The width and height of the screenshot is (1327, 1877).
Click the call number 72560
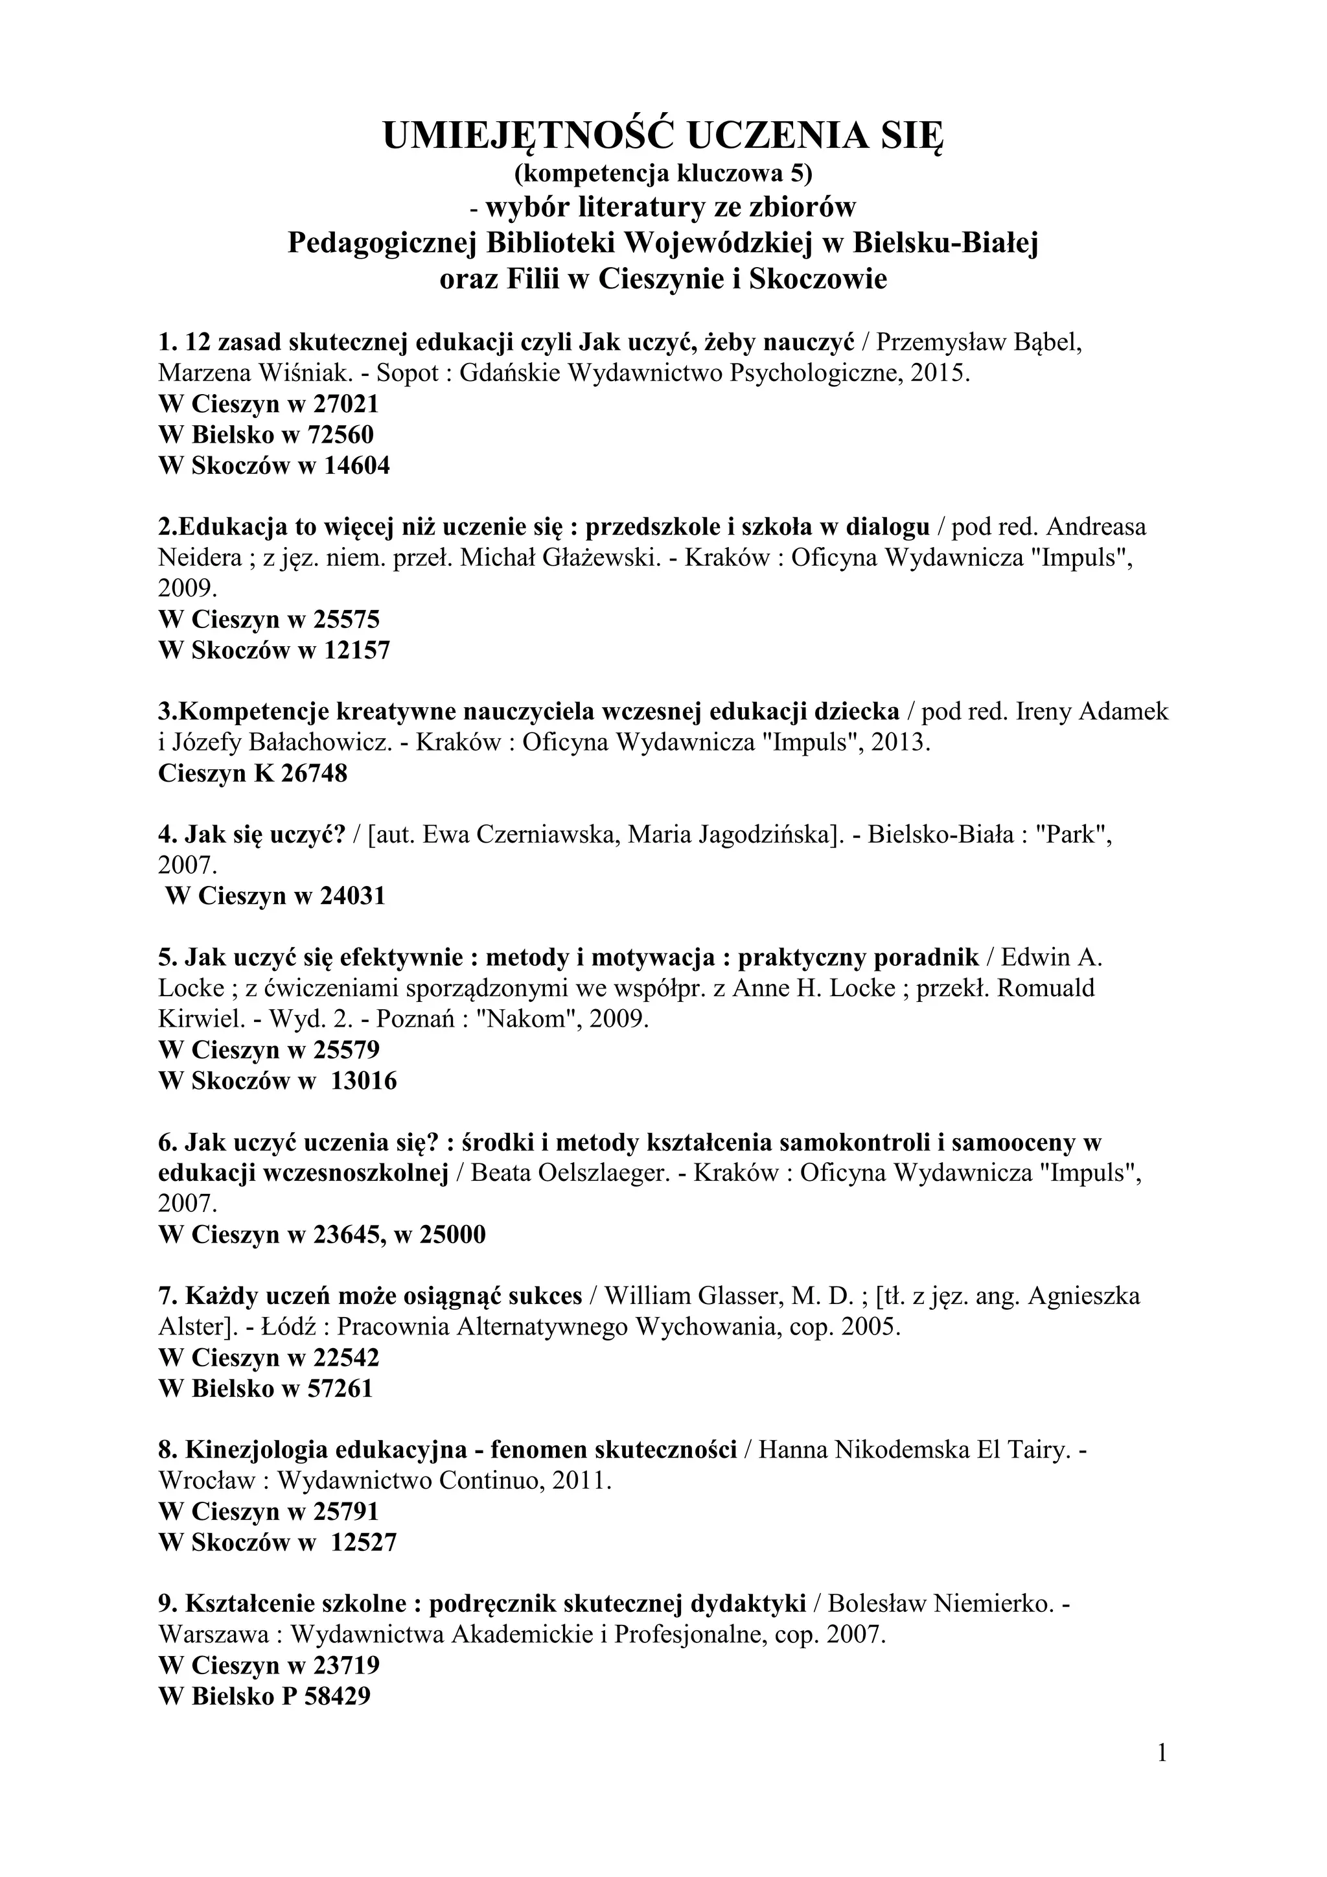tap(338, 435)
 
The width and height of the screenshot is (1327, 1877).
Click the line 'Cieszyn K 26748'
tap(253, 773)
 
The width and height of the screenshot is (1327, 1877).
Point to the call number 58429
tap(337, 1696)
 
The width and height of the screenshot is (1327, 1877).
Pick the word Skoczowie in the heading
tap(818, 279)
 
